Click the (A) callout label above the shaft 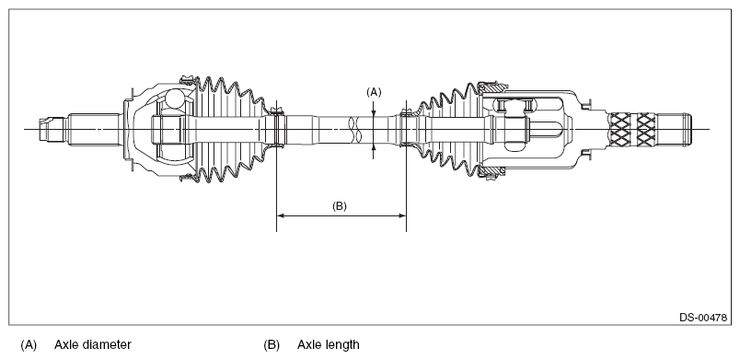374,92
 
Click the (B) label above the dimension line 340,206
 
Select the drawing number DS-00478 702,318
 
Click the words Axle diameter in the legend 92,345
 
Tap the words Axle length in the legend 328,345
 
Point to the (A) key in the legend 29,345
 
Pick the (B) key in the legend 272,345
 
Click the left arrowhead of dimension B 281,216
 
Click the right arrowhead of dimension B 402,216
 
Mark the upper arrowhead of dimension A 374,112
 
